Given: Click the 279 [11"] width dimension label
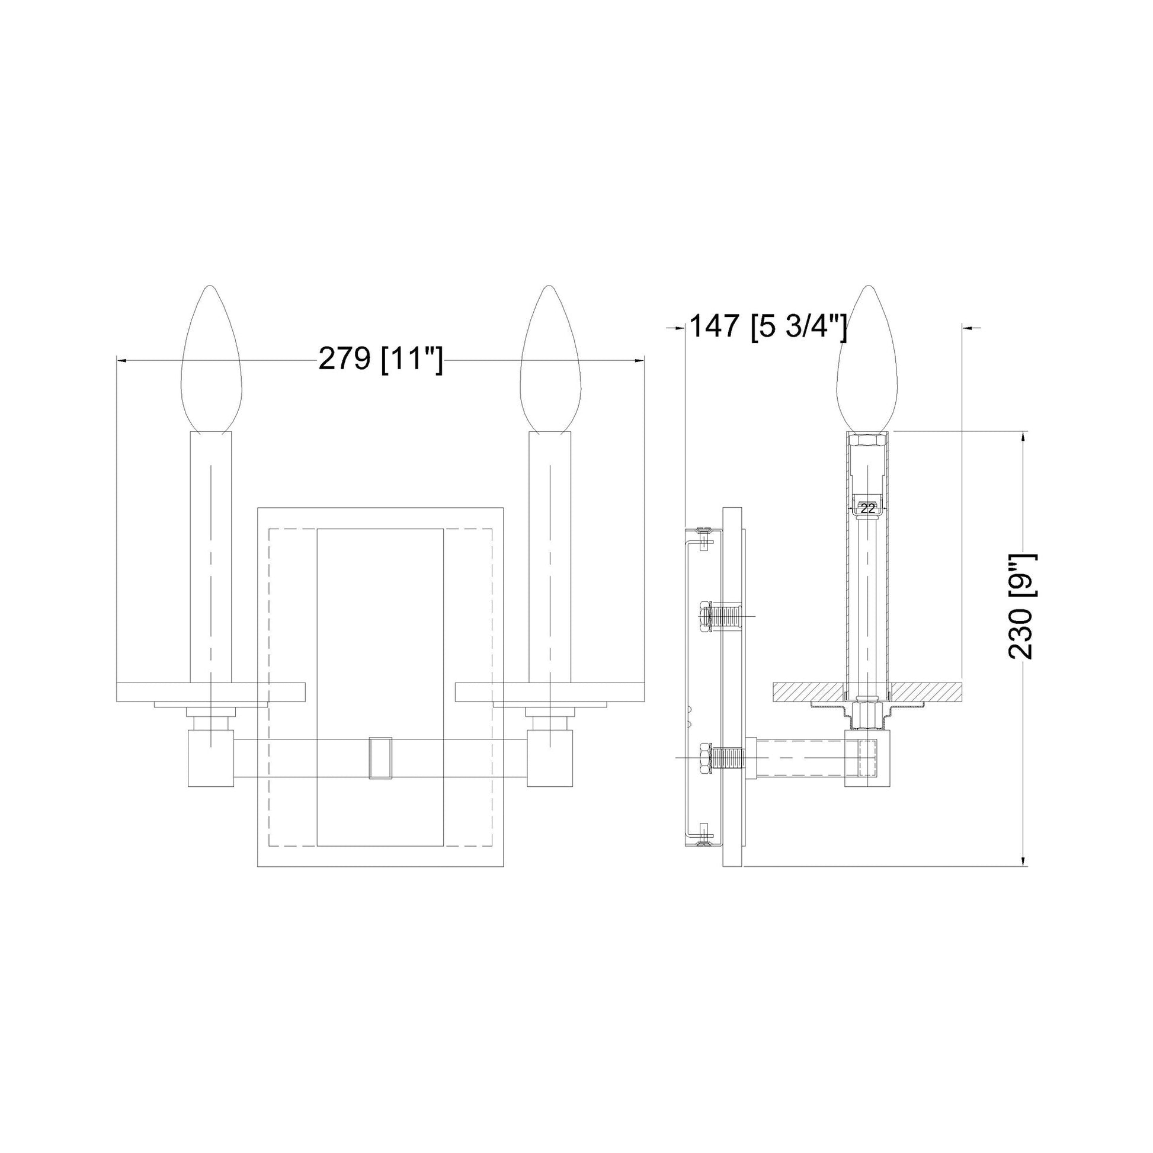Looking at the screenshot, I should tap(381, 360).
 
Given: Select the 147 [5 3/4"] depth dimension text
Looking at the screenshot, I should tap(767, 327).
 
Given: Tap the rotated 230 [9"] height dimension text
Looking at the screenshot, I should tap(1023, 606).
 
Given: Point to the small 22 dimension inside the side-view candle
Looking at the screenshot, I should tap(868, 509).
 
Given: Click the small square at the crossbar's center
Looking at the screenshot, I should tap(381, 758).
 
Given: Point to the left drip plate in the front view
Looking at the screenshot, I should tap(212, 691).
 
